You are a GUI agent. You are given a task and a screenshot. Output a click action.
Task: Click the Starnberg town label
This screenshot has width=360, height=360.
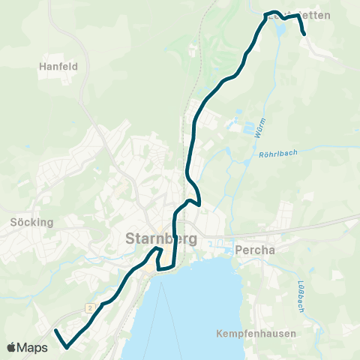point(157,239)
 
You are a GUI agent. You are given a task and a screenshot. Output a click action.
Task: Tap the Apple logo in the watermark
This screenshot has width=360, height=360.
point(12,347)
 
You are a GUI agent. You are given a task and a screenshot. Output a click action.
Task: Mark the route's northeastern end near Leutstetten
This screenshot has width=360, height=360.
point(304,34)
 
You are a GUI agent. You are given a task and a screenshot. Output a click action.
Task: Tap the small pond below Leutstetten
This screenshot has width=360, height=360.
point(282,30)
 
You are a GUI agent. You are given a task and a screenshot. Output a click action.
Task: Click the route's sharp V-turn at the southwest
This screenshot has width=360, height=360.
point(67,347)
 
